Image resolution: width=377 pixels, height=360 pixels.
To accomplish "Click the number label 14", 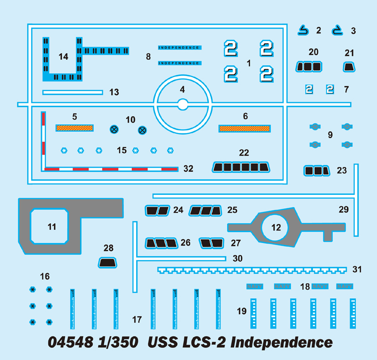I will (63, 57).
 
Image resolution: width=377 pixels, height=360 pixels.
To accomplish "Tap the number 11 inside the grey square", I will (52, 227).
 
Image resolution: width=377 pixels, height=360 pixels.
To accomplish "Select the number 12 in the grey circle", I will (276, 227).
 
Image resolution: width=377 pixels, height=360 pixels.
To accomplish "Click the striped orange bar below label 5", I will (74, 127).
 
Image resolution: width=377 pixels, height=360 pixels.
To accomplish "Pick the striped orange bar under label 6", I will (244, 128).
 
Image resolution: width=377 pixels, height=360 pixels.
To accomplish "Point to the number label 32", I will (188, 168).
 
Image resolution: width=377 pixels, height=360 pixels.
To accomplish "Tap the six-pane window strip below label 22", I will (240, 167).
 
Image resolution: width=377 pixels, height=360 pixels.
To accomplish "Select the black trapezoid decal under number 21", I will (349, 67).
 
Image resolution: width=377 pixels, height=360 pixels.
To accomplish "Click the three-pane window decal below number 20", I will (309, 67).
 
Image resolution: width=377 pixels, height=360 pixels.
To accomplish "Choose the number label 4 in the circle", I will (182, 89).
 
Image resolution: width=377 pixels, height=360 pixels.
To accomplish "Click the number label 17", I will (137, 319).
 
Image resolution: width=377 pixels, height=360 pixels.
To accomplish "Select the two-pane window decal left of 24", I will (157, 210).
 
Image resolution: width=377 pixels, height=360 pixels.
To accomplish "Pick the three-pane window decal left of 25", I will (205, 210).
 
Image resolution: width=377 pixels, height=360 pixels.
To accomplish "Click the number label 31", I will (357, 269).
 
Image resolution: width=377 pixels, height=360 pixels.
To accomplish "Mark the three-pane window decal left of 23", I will (316, 170).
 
